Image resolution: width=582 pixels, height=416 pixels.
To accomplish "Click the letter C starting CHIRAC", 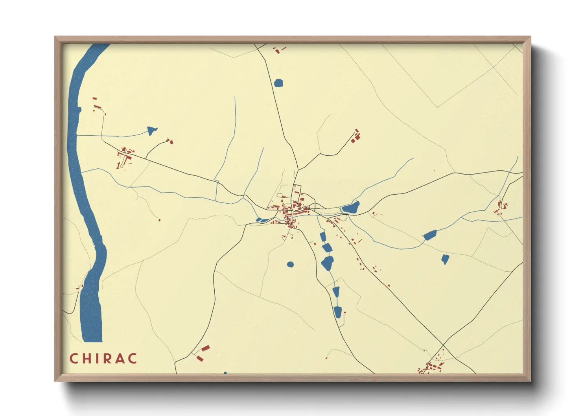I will point(74,359).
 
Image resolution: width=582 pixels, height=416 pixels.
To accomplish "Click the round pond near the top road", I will point(278,83).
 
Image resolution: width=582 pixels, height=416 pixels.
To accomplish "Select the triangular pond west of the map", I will point(151,130).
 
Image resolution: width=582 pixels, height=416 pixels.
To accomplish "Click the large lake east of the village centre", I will point(350,208).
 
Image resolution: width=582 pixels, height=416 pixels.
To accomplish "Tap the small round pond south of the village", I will point(290,264).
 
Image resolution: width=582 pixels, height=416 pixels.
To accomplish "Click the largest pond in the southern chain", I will point(328,263).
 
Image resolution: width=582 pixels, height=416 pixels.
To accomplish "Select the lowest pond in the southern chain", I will point(337,312).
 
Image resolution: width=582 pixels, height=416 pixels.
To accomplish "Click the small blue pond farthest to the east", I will point(445,259).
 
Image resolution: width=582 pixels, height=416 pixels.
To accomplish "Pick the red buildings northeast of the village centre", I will point(356,136).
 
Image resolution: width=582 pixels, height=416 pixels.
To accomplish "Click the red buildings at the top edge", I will point(279,50).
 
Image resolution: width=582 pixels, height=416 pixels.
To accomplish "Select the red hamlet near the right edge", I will point(501,208).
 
